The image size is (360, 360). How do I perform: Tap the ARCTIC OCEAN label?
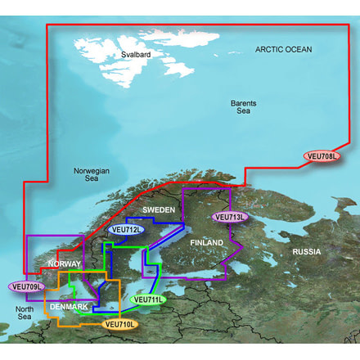click(283, 50)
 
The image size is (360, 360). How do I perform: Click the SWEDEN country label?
click(160, 210)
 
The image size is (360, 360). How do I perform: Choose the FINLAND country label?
click(206, 244)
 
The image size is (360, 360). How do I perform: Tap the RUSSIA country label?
click(308, 252)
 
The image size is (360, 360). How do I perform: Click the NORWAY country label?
click(64, 264)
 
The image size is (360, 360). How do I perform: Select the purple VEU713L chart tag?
click(229, 217)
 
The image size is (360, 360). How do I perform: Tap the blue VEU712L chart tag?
click(127, 230)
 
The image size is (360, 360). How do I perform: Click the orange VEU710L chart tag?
click(119, 324)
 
